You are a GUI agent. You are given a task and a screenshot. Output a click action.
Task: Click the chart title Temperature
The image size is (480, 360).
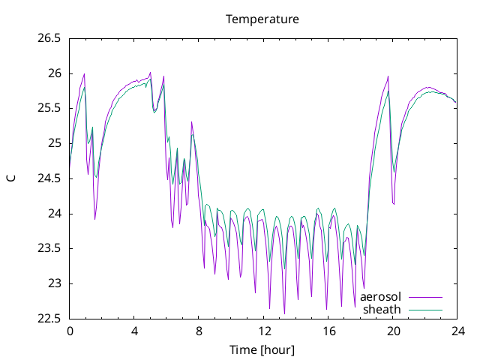pos(262,19)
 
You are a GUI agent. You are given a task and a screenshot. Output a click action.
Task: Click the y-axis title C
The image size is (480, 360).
pos(11,178)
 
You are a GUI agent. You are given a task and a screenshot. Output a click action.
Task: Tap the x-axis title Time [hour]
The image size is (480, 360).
pos(262,349)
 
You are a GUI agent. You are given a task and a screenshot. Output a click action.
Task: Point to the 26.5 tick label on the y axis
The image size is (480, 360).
pos(49,38)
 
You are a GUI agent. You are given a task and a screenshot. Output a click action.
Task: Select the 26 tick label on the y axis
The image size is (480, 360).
pos(55,73)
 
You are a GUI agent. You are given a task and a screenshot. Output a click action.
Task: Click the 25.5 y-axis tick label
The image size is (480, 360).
pos(49,109)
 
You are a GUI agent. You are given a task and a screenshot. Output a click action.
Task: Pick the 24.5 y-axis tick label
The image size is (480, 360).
pos(49,178)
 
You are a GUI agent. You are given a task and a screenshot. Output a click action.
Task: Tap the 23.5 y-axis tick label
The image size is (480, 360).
pos(49,248)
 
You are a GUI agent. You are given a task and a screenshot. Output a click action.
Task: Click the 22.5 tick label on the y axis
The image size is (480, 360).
pos(49,319)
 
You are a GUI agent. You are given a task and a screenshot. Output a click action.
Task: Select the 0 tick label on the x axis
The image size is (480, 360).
pos(70,331)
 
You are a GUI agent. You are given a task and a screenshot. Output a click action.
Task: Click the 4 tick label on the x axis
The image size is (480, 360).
pos(134,331)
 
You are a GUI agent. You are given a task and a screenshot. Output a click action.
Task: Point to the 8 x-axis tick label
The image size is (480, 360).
pos(199,331)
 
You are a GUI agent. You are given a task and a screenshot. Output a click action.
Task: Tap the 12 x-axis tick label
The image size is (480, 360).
pos(263,331)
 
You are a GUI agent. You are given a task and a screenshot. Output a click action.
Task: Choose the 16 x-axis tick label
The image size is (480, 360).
pos(328,331)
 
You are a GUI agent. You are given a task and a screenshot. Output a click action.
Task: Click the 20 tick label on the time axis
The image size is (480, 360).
pos(393,331)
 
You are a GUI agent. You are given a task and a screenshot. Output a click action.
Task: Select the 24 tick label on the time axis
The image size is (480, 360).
pos(457,331)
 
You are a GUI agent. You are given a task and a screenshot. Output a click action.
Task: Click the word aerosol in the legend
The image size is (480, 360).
pos(380,297)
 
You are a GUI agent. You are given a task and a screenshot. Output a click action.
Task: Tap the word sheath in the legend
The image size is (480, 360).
pos(382,310)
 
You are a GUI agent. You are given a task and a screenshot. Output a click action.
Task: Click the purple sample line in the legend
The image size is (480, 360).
pos(425,297)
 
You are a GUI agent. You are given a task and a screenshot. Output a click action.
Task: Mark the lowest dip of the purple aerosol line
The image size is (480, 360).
pos(284,313)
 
